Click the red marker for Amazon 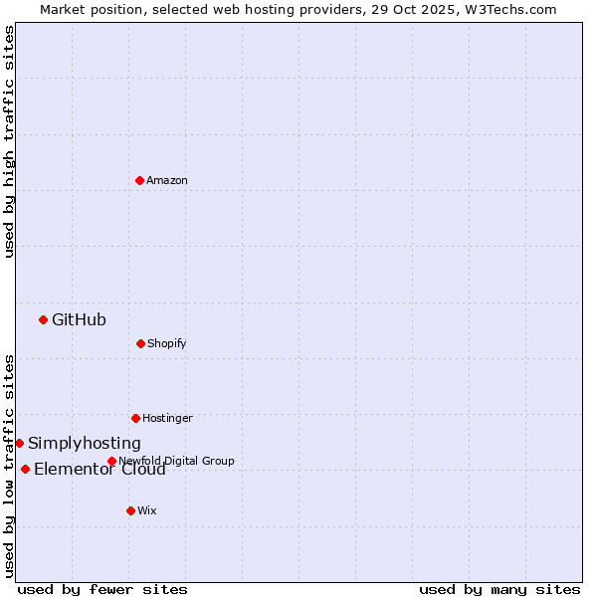tap(139, 180)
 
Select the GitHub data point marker tap(43, 319)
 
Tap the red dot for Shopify tap(140, 343)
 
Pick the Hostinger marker tap(135, 418)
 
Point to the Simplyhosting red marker tap(19, 443)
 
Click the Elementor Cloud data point tap(25, 469)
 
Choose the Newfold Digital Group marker tap(111, 461)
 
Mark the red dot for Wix tap(130, 510)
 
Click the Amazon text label tap(167, 180)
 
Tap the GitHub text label tap(79, 319)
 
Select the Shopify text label tap(167, 343)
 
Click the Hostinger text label tap(167, 418)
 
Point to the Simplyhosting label tap(85, 444)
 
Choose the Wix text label tap(147, 510)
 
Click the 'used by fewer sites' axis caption tap(102, 589)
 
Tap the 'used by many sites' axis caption tap(499, 589)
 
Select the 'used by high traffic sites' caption tap(9, 141)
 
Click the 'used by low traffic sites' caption tap(9, 466)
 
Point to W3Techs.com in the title tap(513, 9)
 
